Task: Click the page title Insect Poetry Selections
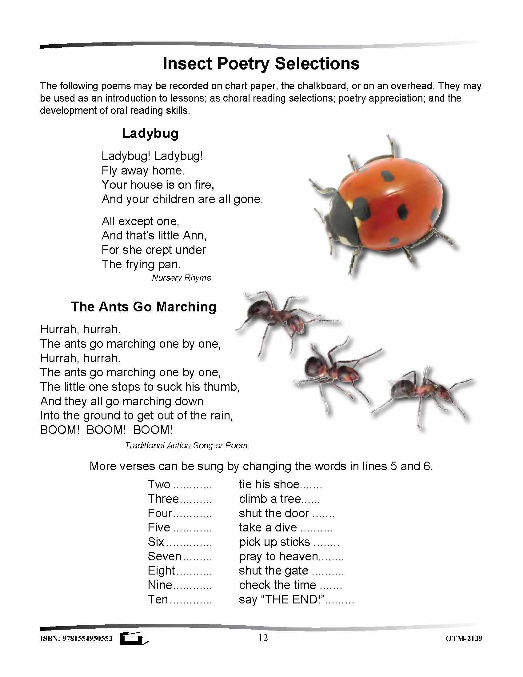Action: (x=261, y=64)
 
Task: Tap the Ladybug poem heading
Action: (x=150, y=134)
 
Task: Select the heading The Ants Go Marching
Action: (x=143, y=307)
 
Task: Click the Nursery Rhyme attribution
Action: (x=182, y=278)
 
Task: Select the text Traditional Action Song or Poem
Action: (x=186, y=446)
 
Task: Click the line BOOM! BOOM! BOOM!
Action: (x=106, y=430)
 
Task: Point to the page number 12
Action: (x=263, y=638)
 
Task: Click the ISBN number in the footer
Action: (x=76, y=639)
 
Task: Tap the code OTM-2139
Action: (x=464, y=639)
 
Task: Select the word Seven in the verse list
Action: (x=165, y=556)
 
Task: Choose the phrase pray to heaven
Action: (x=278, y=557)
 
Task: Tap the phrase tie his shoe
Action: (x=269, y=484)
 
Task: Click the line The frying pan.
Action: (x=141, y=264)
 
